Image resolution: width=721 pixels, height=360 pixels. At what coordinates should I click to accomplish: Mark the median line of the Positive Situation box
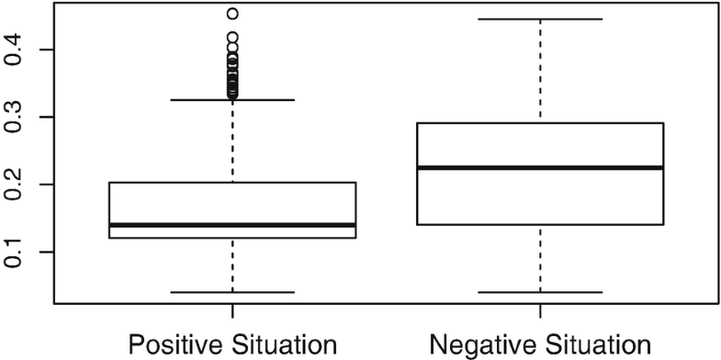[232, 225]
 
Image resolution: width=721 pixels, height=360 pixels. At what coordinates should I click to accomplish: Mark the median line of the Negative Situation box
[540, 168]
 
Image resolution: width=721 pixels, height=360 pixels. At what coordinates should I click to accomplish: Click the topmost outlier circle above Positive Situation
[232, 14]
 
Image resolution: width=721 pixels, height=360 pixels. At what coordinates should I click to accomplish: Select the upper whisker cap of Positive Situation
[232, 99]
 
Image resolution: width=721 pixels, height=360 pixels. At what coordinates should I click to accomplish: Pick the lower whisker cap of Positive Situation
[232, 292]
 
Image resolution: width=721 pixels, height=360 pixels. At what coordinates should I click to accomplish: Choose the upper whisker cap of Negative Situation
[540, 18]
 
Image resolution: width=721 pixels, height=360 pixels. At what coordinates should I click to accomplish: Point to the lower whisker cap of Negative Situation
[540, 292]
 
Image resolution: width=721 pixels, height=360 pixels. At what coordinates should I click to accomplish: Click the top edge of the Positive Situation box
[232, 183]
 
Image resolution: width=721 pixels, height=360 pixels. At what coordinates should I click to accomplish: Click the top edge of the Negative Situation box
[540, 123]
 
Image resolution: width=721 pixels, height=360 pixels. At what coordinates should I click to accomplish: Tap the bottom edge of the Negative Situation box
[540, 224]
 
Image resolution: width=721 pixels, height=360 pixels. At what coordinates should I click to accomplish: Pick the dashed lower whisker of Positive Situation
[232, 265]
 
